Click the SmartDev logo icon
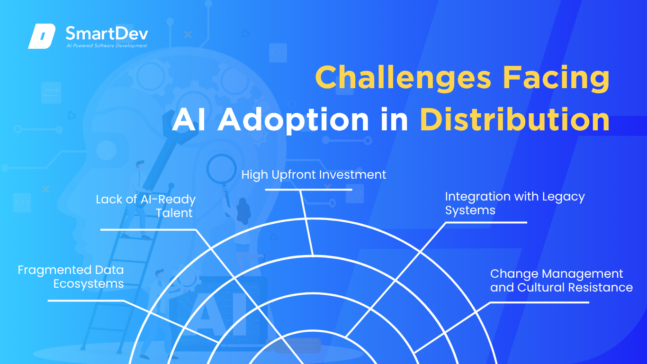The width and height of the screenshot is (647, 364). (x=42, y=36)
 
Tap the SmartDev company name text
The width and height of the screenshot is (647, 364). (x=107, y=34)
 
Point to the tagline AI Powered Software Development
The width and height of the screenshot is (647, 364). (x=107, y=45)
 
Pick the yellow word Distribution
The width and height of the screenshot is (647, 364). (x=514, y=119)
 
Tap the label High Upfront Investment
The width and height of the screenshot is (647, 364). (x=314, y=174)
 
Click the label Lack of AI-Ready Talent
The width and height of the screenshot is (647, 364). (x=145, y=206)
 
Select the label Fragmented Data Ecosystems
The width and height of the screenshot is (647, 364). (x=71, y=277)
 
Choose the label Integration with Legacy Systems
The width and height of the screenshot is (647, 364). (x=515, y=203)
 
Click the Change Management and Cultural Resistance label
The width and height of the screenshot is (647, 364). (x=561, y=281)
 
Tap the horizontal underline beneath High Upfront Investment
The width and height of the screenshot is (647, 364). (x=308, y=190)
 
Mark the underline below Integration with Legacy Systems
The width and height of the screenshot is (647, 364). (x=486, y=222)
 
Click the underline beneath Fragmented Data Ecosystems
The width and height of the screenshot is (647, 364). (x=86, y=300)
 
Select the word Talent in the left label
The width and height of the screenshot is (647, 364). (x=174, y=213)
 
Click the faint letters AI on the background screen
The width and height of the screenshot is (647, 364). (x=219, y=315)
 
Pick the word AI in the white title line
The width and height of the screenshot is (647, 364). (x=189, y=119)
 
